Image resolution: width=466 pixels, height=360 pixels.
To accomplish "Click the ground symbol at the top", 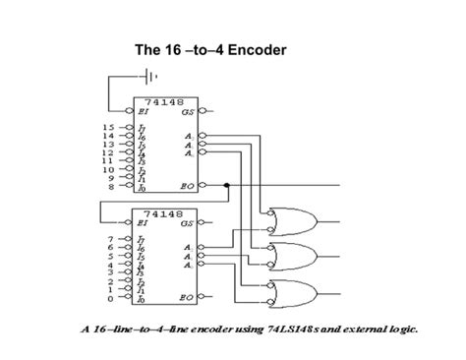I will click(x=148, y=76).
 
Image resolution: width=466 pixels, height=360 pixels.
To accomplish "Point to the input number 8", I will click(x=110, y=185).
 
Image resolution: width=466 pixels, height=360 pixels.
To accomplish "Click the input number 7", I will click(x=110, y=239).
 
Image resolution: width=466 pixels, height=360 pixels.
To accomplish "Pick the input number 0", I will click(x=110, y=296).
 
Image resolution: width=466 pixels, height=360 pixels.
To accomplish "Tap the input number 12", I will click(x=107, y=152).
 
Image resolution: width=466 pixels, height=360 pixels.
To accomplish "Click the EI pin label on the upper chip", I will click(x=144, y=112).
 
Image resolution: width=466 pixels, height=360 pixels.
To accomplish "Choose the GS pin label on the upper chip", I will click(x=187, y=112).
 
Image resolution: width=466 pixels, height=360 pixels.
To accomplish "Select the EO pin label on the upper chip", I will click(x=187, y=185).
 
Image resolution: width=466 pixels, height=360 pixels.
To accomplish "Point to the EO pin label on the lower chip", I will click(x=187, y=296).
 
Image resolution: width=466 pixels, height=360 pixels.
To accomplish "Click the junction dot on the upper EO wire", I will click(x=227, y=185).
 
